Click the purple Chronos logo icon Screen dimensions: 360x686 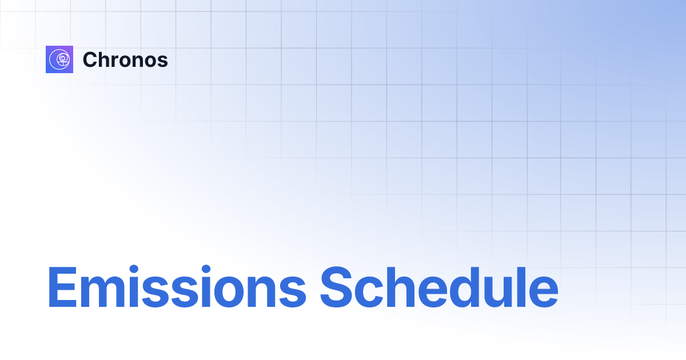click(59, 59)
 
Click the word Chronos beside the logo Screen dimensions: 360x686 click(125, 59)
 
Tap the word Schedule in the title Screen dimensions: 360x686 click(438, 287)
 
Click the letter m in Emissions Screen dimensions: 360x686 click(103, 291)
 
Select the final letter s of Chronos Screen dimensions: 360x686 click(163, 61)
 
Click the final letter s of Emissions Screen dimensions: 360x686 click(296, 291)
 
